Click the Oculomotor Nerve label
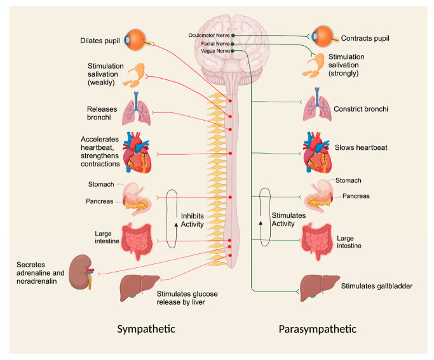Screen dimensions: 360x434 209,34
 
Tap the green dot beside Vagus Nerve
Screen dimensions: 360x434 233,50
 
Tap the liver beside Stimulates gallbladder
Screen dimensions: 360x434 318,285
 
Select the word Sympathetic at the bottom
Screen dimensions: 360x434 146,329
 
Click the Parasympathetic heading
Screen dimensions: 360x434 318,329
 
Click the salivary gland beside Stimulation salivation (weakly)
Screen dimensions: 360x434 135,74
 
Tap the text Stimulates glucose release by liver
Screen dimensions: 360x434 184,298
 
